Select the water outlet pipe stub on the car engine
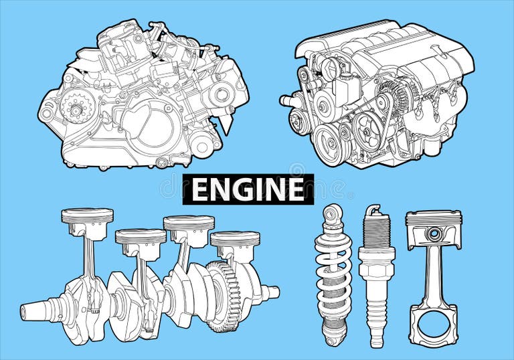(288, 102)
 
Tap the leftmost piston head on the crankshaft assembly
(87, 217)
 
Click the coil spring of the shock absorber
(333, 274)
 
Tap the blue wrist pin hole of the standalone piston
(434, 234)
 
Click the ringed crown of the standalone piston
(434, 218)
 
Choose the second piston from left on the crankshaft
(140, 237)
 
